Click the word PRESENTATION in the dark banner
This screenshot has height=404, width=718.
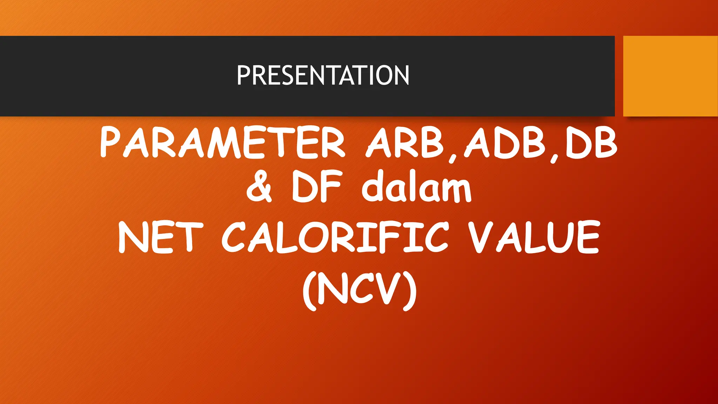click(323, 75)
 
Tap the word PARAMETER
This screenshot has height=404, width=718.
click(222, 142)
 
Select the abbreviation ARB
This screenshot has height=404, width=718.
click(405, 142)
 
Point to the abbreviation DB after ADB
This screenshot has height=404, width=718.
click(591, 142)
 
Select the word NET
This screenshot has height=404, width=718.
click(161, 237)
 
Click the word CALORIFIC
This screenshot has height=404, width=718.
click(335, 237)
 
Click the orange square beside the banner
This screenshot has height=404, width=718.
click(670, 76)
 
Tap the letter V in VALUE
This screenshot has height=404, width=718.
click(480, 237)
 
